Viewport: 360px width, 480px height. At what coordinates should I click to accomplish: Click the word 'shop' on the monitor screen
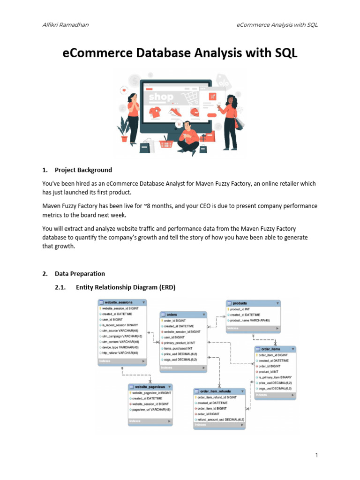[161, 97]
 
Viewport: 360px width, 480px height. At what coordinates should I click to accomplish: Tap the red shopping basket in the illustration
[166, 144]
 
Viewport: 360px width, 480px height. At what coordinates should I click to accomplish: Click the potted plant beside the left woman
[124, 129]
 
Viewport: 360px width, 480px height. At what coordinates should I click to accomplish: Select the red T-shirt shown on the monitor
[155, 112]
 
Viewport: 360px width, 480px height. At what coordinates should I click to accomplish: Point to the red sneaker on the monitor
[174, 112]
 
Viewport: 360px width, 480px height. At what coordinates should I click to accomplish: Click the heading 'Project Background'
[83, 170]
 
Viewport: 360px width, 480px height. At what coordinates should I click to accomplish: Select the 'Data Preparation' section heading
[80, 274]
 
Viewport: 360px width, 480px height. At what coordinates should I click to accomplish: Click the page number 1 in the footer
[317, 456]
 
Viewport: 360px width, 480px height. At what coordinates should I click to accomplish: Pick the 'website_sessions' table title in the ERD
[119, 303]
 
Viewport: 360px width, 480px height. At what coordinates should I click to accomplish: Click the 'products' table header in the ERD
[240, 303]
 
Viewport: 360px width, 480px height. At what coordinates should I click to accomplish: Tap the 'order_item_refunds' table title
[215, 391]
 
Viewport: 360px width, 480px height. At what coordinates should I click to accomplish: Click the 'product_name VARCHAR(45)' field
[250, 320]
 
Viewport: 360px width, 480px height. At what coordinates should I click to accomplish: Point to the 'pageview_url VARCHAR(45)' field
[151, 409]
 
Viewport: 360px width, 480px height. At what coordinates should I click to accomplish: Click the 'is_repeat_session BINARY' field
[120, 325]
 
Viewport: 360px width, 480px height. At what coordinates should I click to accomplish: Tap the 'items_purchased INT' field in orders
[178, 348]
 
